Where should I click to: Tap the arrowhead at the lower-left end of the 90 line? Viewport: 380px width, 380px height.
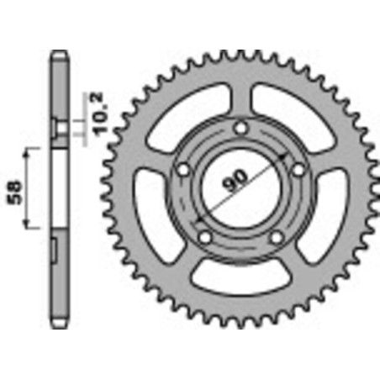(199, 221)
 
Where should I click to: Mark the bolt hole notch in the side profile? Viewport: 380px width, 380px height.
(55, 127)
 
